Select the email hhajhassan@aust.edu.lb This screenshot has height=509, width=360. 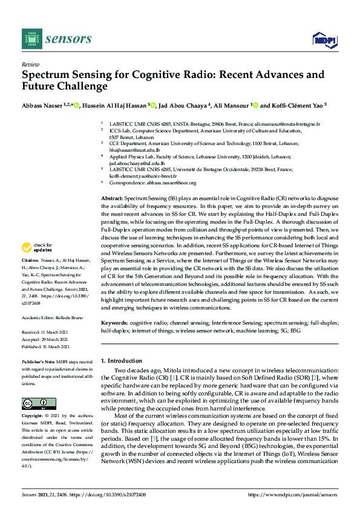(x=131, y=149)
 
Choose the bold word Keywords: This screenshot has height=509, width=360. (x=115, y=323)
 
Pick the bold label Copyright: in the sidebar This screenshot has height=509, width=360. (x=34, y=417)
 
